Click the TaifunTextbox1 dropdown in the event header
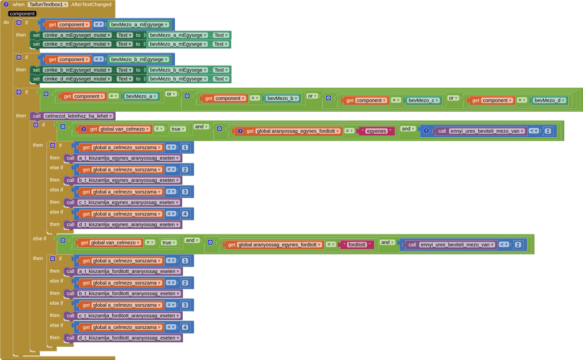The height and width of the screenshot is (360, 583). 48,5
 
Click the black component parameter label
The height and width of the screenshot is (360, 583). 22,14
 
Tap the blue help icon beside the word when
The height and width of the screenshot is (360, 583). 6,5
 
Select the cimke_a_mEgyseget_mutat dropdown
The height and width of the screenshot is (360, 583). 77,35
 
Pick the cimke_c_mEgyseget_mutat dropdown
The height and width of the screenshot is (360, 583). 77,44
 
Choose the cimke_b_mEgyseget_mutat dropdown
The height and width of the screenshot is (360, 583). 77,70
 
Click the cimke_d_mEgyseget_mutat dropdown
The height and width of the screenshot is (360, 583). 77,79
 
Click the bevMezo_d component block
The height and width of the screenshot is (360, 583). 549,100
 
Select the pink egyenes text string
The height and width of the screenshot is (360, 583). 376,131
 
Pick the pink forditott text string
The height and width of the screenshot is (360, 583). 357,244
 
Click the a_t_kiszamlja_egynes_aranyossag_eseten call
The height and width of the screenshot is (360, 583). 128,158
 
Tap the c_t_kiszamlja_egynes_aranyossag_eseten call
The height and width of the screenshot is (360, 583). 128,202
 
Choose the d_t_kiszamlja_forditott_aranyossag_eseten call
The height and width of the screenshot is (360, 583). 129,338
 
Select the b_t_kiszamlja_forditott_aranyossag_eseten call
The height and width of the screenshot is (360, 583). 129,293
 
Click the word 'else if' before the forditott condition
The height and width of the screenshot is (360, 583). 39,239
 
